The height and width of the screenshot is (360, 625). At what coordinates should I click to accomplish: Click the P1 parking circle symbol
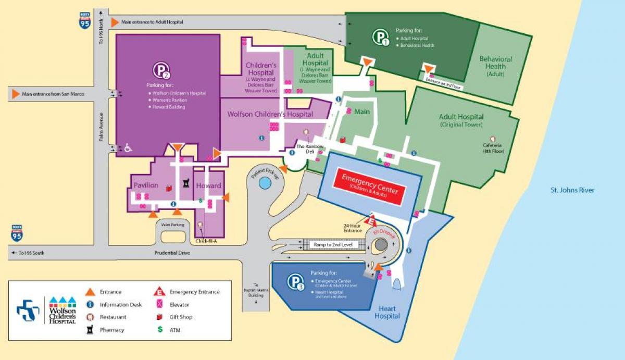[x=381, y=38]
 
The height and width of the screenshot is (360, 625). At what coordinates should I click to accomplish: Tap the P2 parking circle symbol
[x=161, y=70]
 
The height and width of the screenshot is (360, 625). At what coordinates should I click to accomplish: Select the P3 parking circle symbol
[x=294, y=282]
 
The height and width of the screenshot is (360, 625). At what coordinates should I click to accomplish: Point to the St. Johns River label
[x=572, y=190]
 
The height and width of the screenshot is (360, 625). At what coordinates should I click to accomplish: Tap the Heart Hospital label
[x=387, y=313]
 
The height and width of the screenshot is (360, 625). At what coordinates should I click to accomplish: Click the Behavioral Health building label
[x=495, y=66]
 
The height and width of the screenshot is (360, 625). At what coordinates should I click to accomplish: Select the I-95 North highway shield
[x=84, y=20]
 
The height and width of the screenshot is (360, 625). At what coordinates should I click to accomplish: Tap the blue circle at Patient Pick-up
[x=265, y=183]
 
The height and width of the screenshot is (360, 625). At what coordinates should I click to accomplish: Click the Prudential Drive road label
[x=172, y=253]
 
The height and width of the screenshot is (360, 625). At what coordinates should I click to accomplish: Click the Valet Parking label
[x=173, y=225]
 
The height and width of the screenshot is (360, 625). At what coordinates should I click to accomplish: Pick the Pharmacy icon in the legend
[x=90, y=329]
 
